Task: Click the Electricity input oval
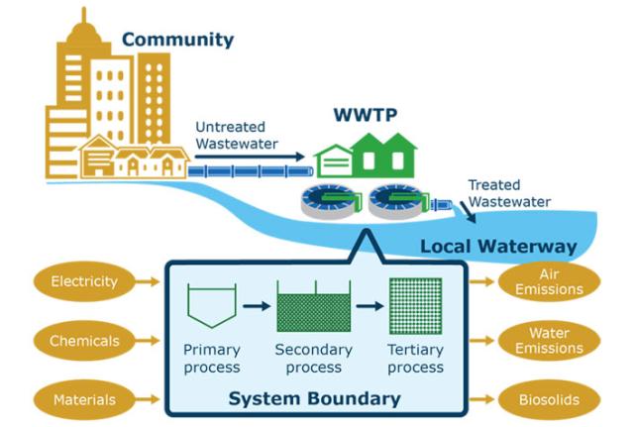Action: (x=85, y=282)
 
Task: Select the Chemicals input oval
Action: (x=85, y=342)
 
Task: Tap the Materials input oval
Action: (x=85, y=400)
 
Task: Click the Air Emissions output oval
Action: (x=549, y=282)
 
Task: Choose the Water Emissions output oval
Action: (x=549, y=342)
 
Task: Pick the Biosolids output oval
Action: (x=549, y=400)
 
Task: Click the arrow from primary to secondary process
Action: (x=257, y=305)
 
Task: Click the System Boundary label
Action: (x=314, y=399)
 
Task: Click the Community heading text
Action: (x=177, y=41)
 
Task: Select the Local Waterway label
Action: (x=498, y=246)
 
